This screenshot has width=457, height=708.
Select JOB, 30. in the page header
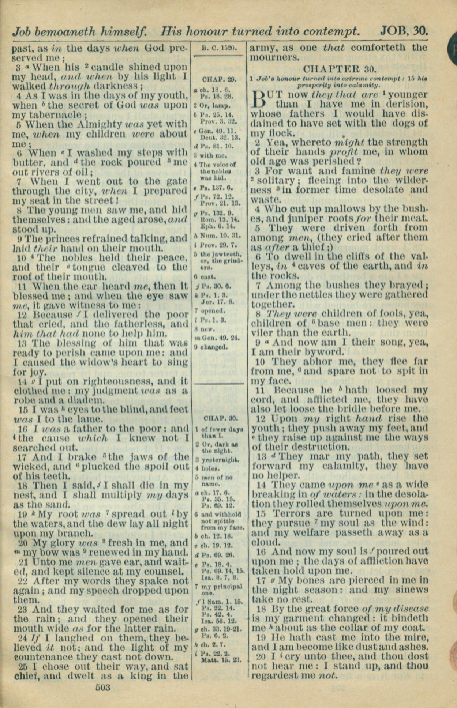pyautogui.click(x=404, y=31)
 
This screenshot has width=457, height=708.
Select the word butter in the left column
pyautogui.click(x=27, y=162)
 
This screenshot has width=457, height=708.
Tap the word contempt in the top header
pyautogui.click(x=332, y=31)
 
